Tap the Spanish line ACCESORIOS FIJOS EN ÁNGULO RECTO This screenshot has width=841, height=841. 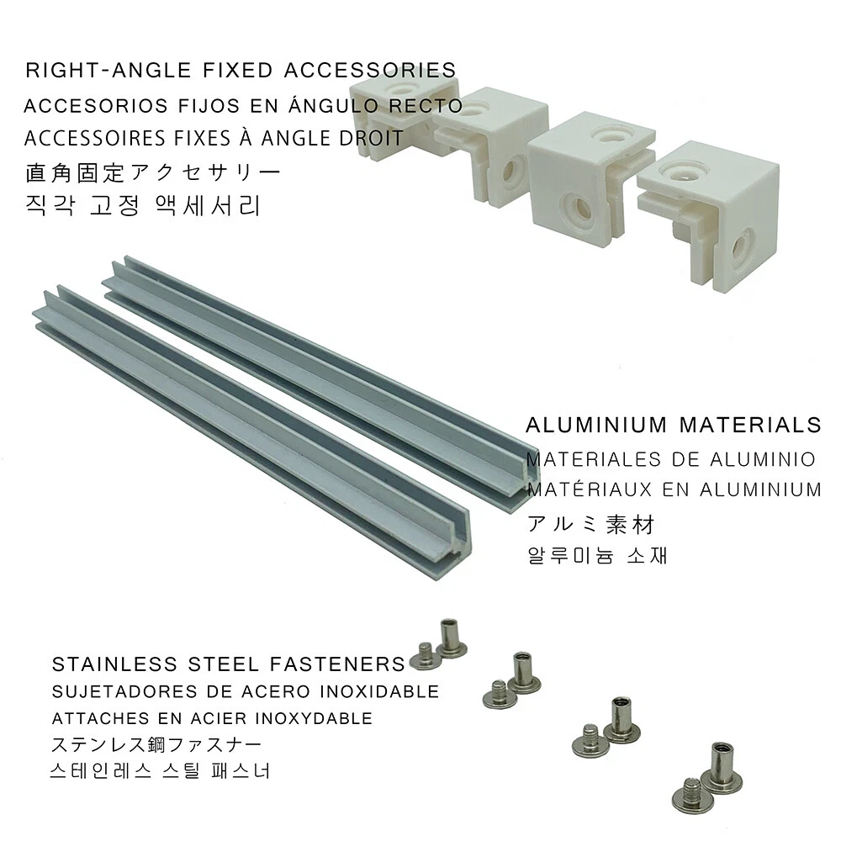(243, 107)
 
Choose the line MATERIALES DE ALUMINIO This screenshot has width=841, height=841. (670, 460)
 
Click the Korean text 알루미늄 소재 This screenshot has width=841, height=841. (597, 557)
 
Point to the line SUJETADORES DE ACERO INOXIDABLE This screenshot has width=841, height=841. (246, 692)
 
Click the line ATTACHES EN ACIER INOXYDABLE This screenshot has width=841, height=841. (212, 719)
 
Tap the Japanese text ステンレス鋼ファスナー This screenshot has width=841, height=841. (156, 745)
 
